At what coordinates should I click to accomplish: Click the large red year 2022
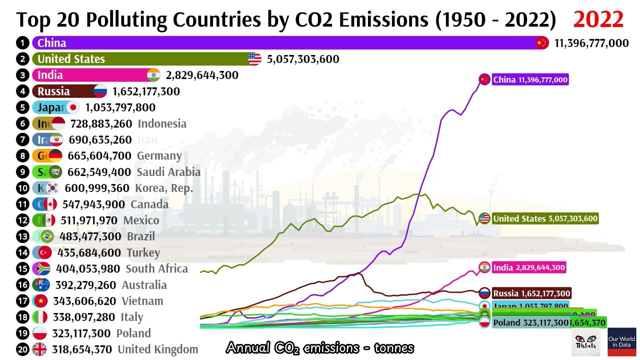tap(598, 19)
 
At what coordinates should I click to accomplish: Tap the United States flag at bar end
tap(254, 59)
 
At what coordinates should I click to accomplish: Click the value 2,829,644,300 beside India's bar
tap(202, 75)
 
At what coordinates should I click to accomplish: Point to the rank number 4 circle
tap(22, 91)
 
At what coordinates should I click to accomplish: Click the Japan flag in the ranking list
tap(73, 107)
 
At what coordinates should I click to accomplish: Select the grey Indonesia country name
tap(162, 123)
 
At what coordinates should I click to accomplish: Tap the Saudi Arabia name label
tap(168, 172)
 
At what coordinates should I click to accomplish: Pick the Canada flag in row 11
tap(50, 204)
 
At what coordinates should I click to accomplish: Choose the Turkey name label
tap(143, 252)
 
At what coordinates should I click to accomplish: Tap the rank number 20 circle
tap(22, 349)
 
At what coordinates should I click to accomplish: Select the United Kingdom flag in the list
tap(39, 349)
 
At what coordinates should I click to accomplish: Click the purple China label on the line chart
tap(530, 80)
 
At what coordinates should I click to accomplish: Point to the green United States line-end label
tap(545, 218)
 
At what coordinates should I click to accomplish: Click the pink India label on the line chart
tap(529, 267)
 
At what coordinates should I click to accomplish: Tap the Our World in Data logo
tap(621, 342)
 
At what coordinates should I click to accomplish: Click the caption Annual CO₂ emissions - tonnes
tap(320, 347)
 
